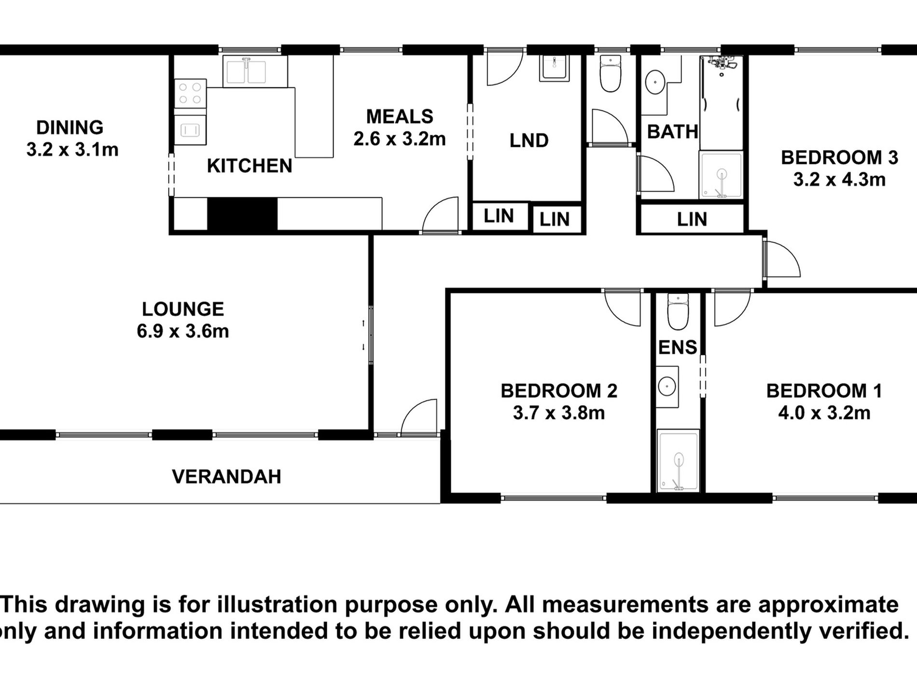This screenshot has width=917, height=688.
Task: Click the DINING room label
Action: (x=70, y=127)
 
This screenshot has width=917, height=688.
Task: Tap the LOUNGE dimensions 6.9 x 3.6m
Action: (x=183, y=332)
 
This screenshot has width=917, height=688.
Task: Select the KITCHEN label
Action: (x=250, y=166)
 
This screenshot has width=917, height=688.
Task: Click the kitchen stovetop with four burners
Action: (x=190, y=94)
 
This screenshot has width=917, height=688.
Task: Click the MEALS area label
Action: (x=400, y=117)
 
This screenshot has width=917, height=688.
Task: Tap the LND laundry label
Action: (x=529, y=141)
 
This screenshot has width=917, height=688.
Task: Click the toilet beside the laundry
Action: (x=611, y=74)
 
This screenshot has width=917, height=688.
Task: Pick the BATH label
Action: (x=672, y=132)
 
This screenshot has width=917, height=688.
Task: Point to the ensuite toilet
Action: (x=678, y=311)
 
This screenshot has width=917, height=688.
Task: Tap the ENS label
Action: (x=678, y=348)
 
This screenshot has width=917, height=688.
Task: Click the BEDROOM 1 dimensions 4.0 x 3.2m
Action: (x=824, y=413)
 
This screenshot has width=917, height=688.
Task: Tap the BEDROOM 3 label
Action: (x=839, y=158)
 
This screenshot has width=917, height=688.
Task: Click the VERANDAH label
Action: (x=226, y=477)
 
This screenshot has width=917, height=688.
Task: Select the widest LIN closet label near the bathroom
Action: (x=692, y=220)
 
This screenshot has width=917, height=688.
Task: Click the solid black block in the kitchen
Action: (x=242, y=214)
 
